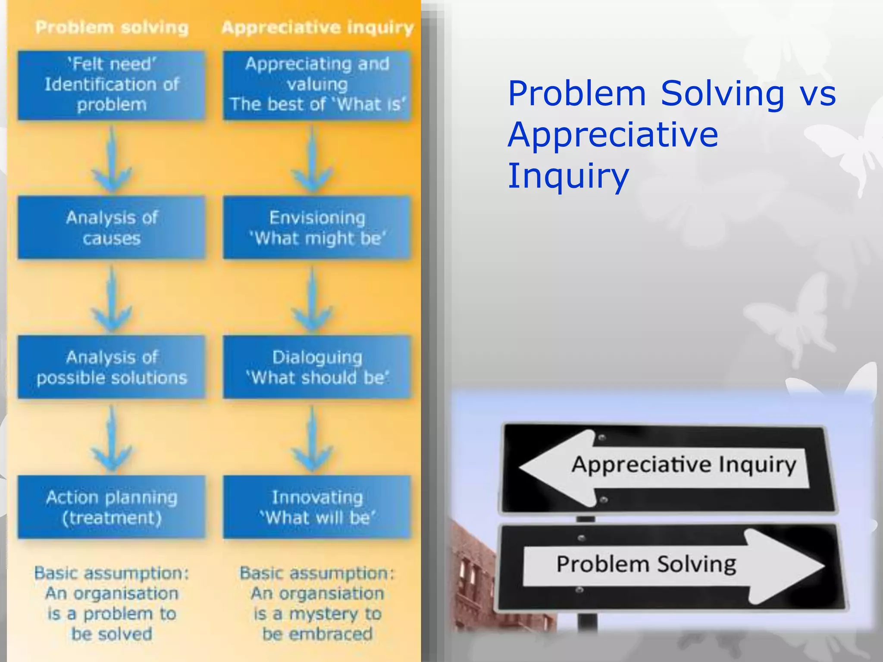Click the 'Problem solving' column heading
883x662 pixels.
(112, 28)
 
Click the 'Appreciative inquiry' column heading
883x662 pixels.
(317, 28)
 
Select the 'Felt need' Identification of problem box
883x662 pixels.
(112, 85)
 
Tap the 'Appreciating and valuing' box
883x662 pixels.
(317, 85)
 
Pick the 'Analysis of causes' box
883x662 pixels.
(112, 228)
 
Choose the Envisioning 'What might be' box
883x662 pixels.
(317, 228)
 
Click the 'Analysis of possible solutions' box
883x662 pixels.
(112, 367)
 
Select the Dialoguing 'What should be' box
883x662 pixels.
(317, 367)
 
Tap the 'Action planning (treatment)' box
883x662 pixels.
(112, 507)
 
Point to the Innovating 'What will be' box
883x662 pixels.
(317, 507)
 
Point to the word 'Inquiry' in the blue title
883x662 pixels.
(568, 176)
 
